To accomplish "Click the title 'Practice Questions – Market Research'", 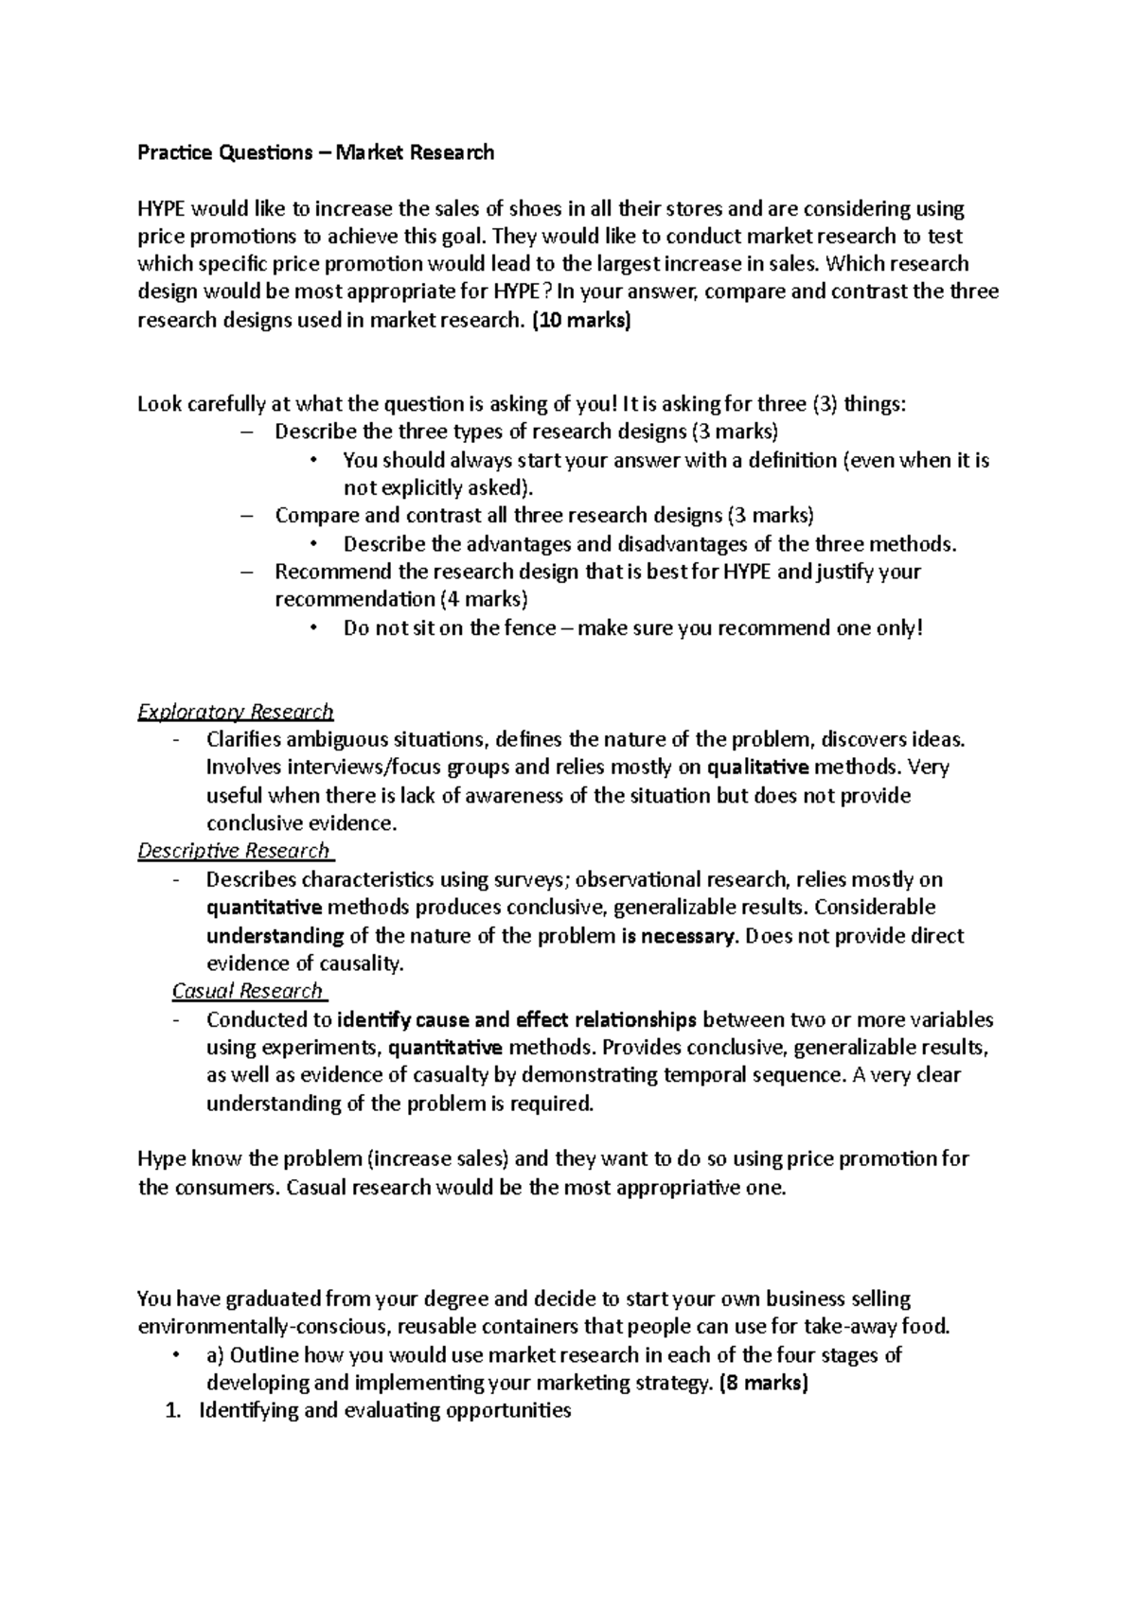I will pyautogui.click(x=315, y=152).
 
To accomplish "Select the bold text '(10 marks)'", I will pyautogui.click(x=579, y=320).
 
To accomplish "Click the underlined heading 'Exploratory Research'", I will pyautogui.click(x=236, y=711).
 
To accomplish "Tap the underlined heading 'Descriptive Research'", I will pyautogui.click(x=234, y=850).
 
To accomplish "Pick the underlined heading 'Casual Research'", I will pyautogui.click(x=247, y=991).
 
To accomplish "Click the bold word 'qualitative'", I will pyautogui.click(x=758, y=767).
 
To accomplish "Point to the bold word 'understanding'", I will pyautogui.click(x=275, y=935).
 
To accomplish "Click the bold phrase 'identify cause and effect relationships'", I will pyautogui.click(x=517, y=1019).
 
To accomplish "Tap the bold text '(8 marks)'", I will pyautogui.click(x=764, y=1383).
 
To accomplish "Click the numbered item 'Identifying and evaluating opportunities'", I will pyautogui.click(x=384, y=1410).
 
